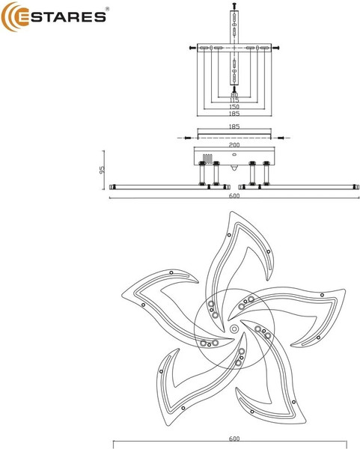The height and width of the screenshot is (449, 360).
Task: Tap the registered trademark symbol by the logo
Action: (107, 9)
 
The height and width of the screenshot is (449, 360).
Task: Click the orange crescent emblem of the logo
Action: (10, 16)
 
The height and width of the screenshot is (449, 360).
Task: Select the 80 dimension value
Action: (234, 95)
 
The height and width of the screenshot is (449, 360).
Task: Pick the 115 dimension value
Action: (234, 100)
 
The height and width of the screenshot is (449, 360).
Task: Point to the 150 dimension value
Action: (234, 107)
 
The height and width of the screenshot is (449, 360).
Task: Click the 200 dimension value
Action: (234, 145)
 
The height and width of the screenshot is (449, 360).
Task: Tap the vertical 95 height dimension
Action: (103, 169)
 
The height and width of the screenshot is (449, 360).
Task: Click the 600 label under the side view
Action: (234, 196)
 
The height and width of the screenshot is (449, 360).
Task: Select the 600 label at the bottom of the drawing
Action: (234, 439)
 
